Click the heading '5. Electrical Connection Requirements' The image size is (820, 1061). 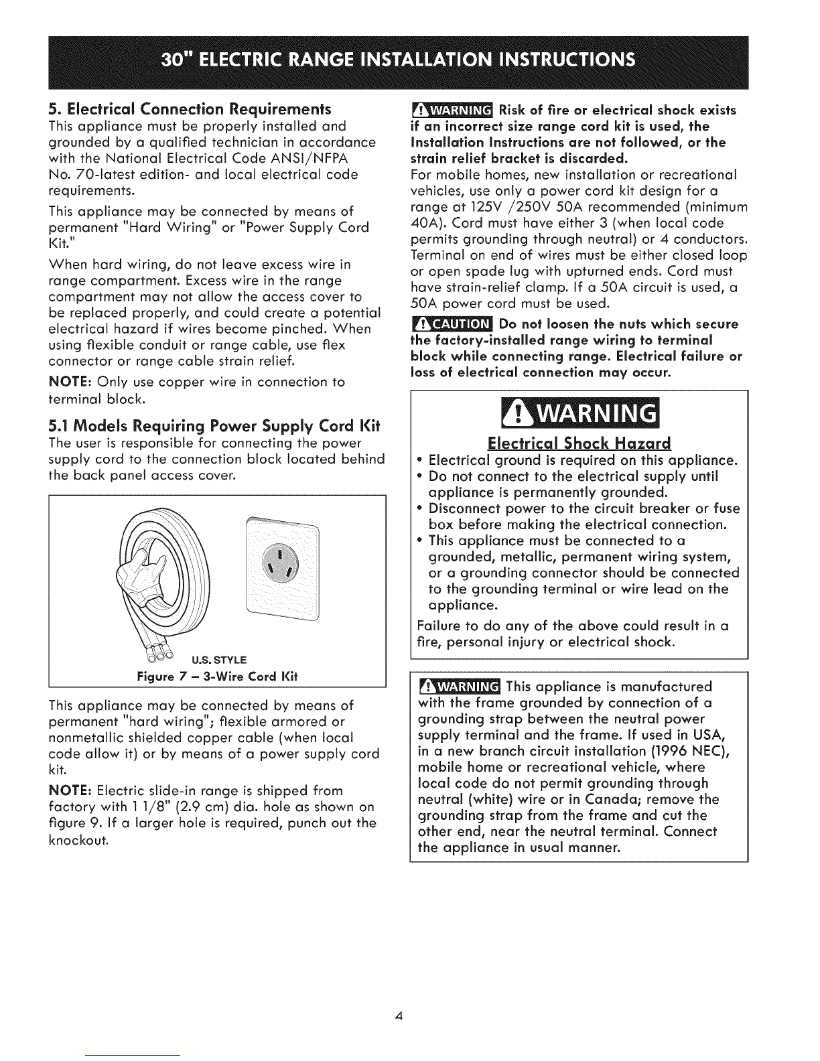tap(190, 109)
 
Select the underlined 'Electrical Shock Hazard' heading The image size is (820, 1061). tap(578, 443)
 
